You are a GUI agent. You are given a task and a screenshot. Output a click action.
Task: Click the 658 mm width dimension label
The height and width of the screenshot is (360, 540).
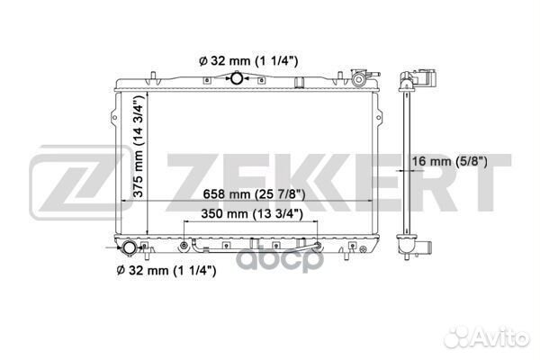click(x=254, y=194)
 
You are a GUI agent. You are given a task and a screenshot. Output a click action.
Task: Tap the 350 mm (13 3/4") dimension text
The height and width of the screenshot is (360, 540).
click(x=252, y=214)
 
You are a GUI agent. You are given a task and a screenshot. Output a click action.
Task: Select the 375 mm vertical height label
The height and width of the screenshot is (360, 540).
click(x=138, y=146)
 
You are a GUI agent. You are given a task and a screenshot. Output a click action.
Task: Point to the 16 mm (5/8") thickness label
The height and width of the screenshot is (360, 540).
click(x=450, y=161)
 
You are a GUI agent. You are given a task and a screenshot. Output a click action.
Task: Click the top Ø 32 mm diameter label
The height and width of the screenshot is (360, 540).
click(x=248, y=61)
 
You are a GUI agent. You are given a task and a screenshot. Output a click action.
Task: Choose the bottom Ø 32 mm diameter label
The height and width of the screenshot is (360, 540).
click(x=166, y=270)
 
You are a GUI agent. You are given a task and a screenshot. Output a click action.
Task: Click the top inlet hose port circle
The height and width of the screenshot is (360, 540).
click(x=237, y=78)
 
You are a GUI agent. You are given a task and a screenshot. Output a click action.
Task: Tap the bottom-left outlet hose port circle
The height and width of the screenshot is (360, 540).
click(x=130, y=248)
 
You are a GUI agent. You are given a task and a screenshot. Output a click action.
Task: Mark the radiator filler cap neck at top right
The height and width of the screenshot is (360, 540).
click(x=358, y=79)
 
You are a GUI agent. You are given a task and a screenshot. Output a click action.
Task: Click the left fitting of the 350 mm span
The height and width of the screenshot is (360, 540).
click(x=184, y=246)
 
